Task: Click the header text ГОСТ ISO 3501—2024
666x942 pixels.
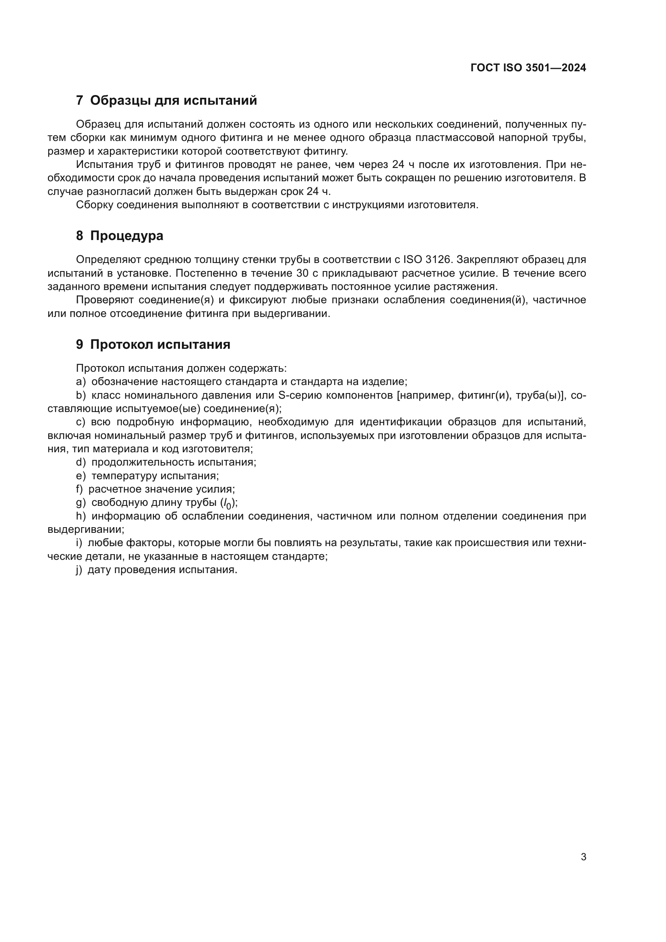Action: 528,68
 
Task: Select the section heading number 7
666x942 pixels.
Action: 80,101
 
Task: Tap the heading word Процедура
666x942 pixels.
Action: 127,236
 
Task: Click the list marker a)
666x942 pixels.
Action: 81,382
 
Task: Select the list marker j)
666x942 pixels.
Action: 79,570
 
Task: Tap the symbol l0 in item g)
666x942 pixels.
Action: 227,503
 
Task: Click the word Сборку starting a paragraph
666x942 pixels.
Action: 95,205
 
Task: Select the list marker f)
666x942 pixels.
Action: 80,489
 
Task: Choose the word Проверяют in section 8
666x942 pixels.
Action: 105,300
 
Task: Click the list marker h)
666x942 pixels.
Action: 81,516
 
